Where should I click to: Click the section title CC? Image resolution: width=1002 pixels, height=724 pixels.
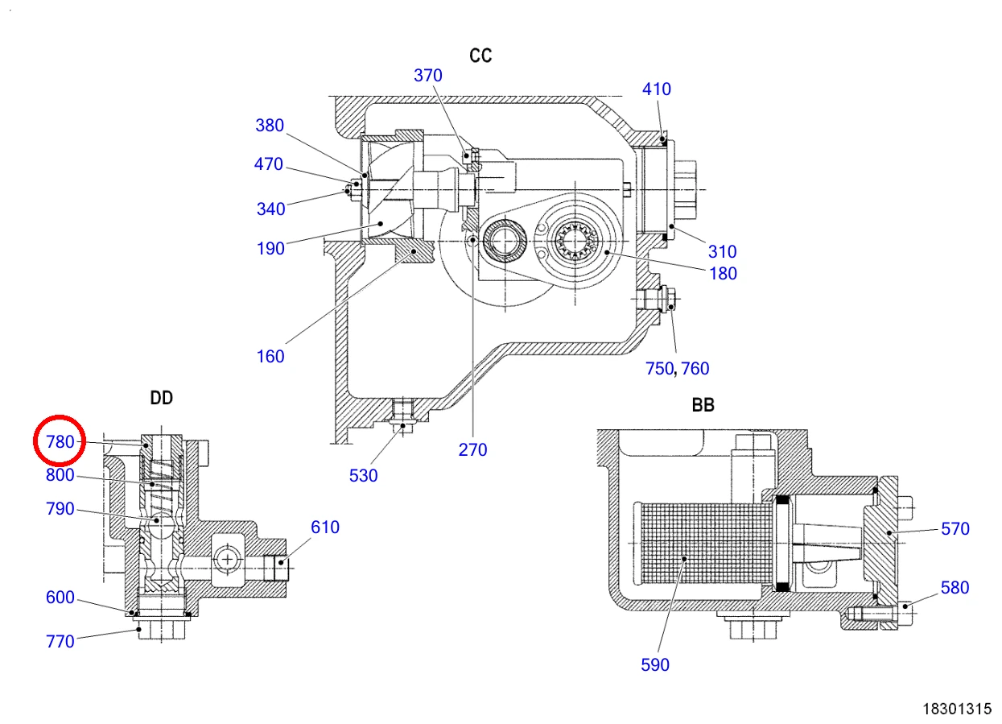click(480, 56)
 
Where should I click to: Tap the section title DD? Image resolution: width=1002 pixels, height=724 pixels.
click(162, 398)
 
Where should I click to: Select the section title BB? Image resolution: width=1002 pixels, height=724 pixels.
click(703, 405)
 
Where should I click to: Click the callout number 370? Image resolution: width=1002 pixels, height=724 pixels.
click(427, 75)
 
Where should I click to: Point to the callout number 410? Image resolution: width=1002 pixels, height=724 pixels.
click(656, 89)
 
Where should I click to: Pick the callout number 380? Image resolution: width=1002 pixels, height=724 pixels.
click(270, 125)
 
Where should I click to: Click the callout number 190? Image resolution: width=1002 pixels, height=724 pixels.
click(270, 248)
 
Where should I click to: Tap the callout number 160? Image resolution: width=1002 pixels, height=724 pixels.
click(270, 357)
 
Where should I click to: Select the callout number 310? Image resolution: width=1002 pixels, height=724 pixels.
click(722, 251)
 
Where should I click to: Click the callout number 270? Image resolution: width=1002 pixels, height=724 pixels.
click(472, 449)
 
